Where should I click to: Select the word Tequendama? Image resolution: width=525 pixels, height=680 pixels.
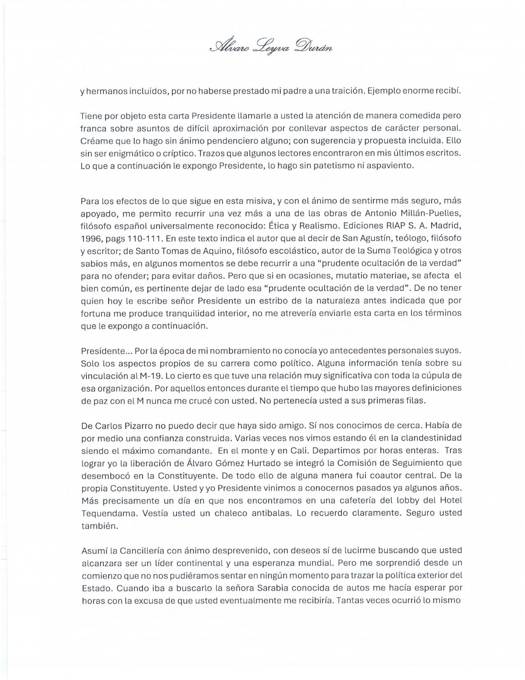coord(103,513)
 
